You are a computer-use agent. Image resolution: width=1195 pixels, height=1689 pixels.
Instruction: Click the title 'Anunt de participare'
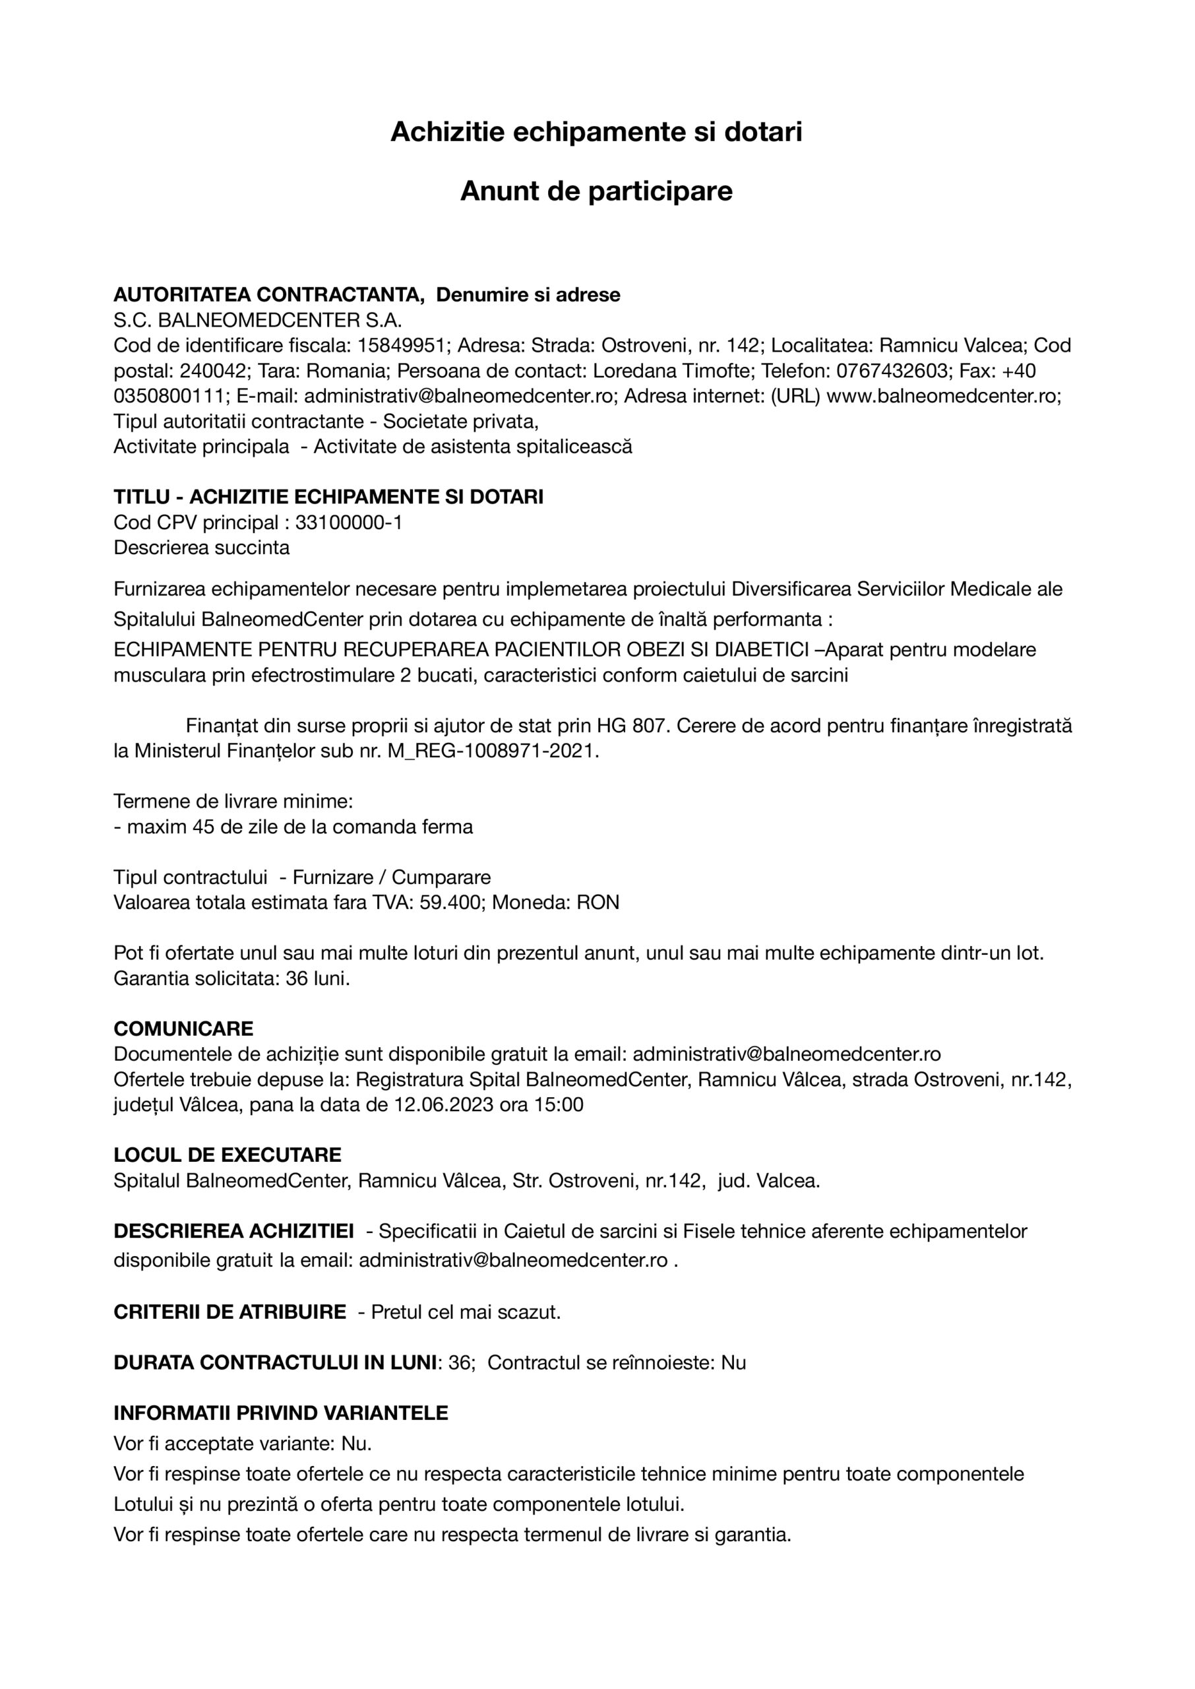596,191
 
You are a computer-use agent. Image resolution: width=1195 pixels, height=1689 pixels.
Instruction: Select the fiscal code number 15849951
401,345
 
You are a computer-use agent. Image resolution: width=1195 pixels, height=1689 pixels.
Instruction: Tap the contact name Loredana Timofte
671,371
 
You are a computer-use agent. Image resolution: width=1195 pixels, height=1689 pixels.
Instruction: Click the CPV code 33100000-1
349,523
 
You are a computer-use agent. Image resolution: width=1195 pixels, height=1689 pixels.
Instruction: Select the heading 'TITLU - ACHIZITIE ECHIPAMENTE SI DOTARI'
328,497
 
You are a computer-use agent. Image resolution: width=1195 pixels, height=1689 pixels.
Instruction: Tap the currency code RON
597,903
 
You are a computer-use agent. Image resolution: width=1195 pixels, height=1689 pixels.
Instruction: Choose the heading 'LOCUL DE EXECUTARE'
228,1155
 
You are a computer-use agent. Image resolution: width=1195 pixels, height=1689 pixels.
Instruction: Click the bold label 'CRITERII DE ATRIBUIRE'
230,1312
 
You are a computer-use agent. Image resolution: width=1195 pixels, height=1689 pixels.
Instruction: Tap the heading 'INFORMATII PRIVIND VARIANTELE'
280,1413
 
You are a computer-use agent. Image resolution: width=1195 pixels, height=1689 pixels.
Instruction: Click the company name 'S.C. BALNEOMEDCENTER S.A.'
258,320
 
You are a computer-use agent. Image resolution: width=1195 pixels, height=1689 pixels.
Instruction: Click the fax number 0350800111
169,396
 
